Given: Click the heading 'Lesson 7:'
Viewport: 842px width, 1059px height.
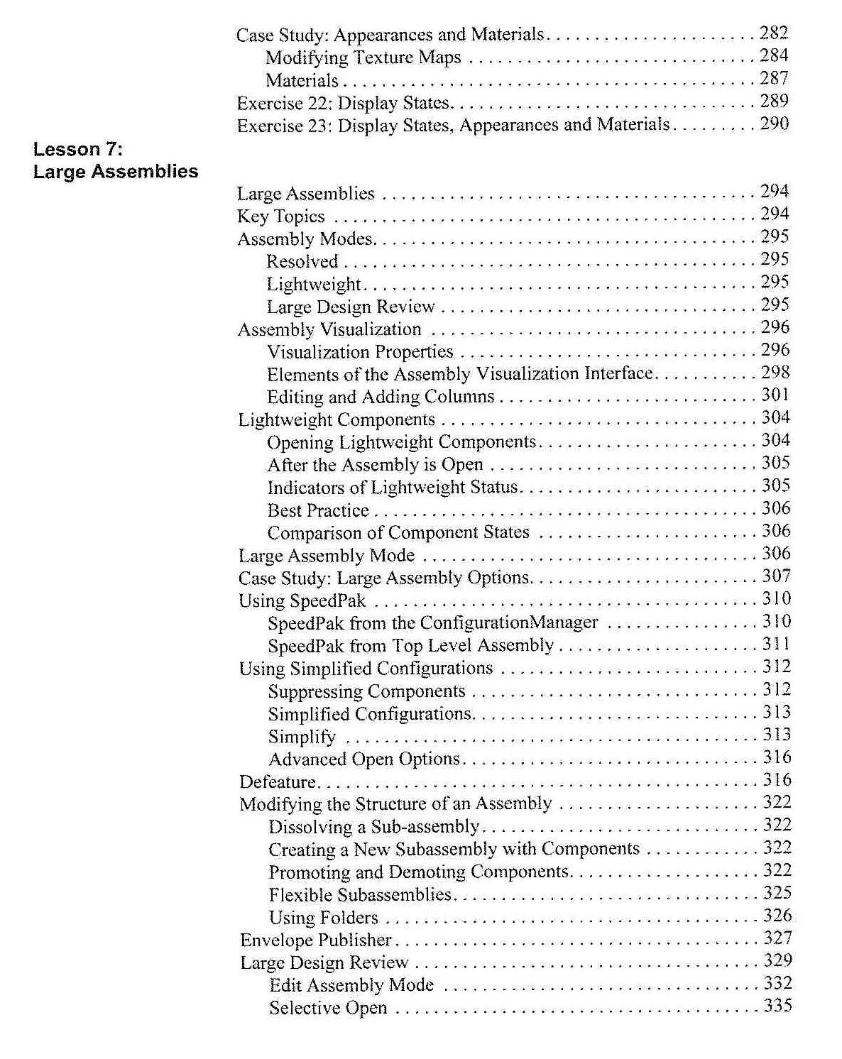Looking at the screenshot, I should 78,149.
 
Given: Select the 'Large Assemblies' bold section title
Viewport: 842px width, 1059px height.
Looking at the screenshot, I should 116,172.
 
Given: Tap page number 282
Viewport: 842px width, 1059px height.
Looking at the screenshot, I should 774,33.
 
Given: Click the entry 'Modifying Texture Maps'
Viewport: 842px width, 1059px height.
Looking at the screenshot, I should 363,57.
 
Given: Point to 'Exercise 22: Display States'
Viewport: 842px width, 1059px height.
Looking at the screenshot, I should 343,103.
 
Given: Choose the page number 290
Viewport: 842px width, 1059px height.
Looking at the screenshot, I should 775,124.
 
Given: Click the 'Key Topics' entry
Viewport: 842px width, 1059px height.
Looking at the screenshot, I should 281,216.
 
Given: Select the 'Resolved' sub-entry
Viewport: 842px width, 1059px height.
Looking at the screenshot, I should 302,261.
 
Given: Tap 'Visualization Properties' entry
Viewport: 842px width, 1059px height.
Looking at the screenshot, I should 360,352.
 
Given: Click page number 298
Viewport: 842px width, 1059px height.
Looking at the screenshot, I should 775,372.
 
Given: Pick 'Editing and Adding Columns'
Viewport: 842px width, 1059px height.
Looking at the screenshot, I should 381,397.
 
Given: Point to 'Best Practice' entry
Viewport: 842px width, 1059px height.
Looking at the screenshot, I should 318,510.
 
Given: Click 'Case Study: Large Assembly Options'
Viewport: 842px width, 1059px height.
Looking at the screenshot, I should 384,578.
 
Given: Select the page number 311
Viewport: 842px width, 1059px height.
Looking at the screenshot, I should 777,644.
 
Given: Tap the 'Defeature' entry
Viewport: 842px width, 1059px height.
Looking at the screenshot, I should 278,782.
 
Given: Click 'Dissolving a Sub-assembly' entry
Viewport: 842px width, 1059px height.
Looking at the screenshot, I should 374,827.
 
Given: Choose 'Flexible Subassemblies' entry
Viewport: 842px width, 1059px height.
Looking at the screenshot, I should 360,895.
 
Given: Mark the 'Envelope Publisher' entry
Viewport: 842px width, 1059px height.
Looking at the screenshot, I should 316,940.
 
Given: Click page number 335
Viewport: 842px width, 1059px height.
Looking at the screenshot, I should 778,1006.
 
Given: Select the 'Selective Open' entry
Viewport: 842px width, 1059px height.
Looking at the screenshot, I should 328,1008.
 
